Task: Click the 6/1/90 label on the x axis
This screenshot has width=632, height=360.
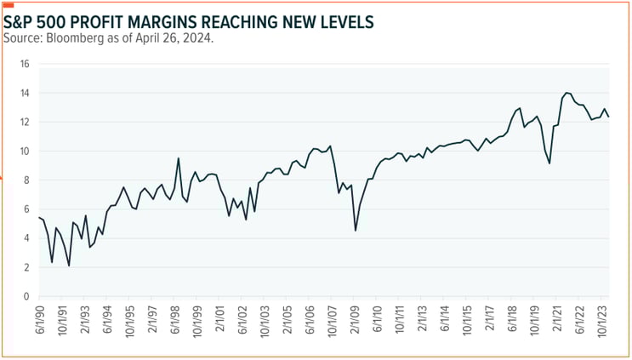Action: coord(39,323)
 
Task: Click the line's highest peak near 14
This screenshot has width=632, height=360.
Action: coord(567,93)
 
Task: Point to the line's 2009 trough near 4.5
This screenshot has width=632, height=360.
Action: coord(356,230)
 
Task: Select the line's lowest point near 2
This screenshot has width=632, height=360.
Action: coord(69,266)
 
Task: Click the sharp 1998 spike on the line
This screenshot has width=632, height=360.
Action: coord(179,158)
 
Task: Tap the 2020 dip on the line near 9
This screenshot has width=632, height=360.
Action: coord(549,163)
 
